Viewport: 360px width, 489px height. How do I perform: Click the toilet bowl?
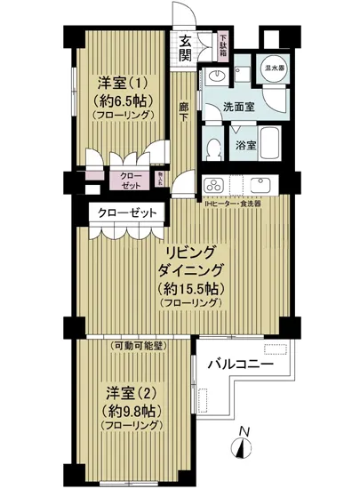coord(212,145)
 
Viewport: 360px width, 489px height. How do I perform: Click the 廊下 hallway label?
coord(184,114)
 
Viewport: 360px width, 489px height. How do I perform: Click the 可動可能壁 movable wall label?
coord(137,345)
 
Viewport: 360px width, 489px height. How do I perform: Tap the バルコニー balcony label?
coord(241,365)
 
